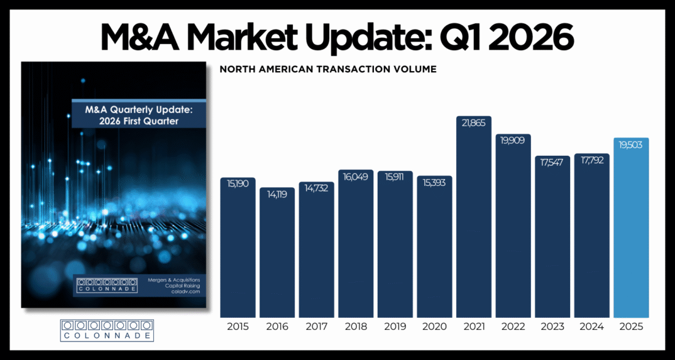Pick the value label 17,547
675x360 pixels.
point(552,161)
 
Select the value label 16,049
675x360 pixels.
point(356,176)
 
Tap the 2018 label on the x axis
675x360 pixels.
point(356,327)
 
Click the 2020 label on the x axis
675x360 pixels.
point(434,327)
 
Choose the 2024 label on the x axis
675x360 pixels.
point(591,327)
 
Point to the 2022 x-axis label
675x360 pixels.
point(513,327)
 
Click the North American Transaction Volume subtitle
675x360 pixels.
point(327,69)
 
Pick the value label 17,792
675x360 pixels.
point(591,160)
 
